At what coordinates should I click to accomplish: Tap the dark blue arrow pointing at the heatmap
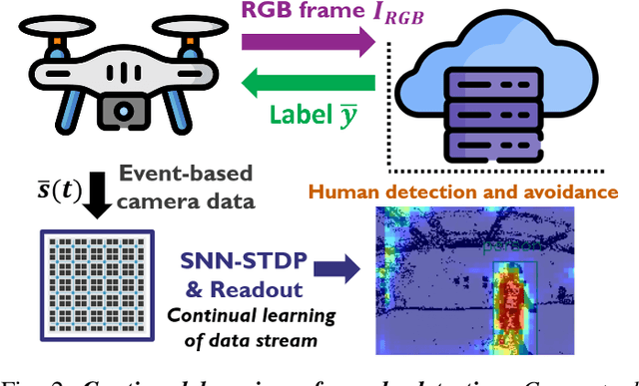(344, 266)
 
